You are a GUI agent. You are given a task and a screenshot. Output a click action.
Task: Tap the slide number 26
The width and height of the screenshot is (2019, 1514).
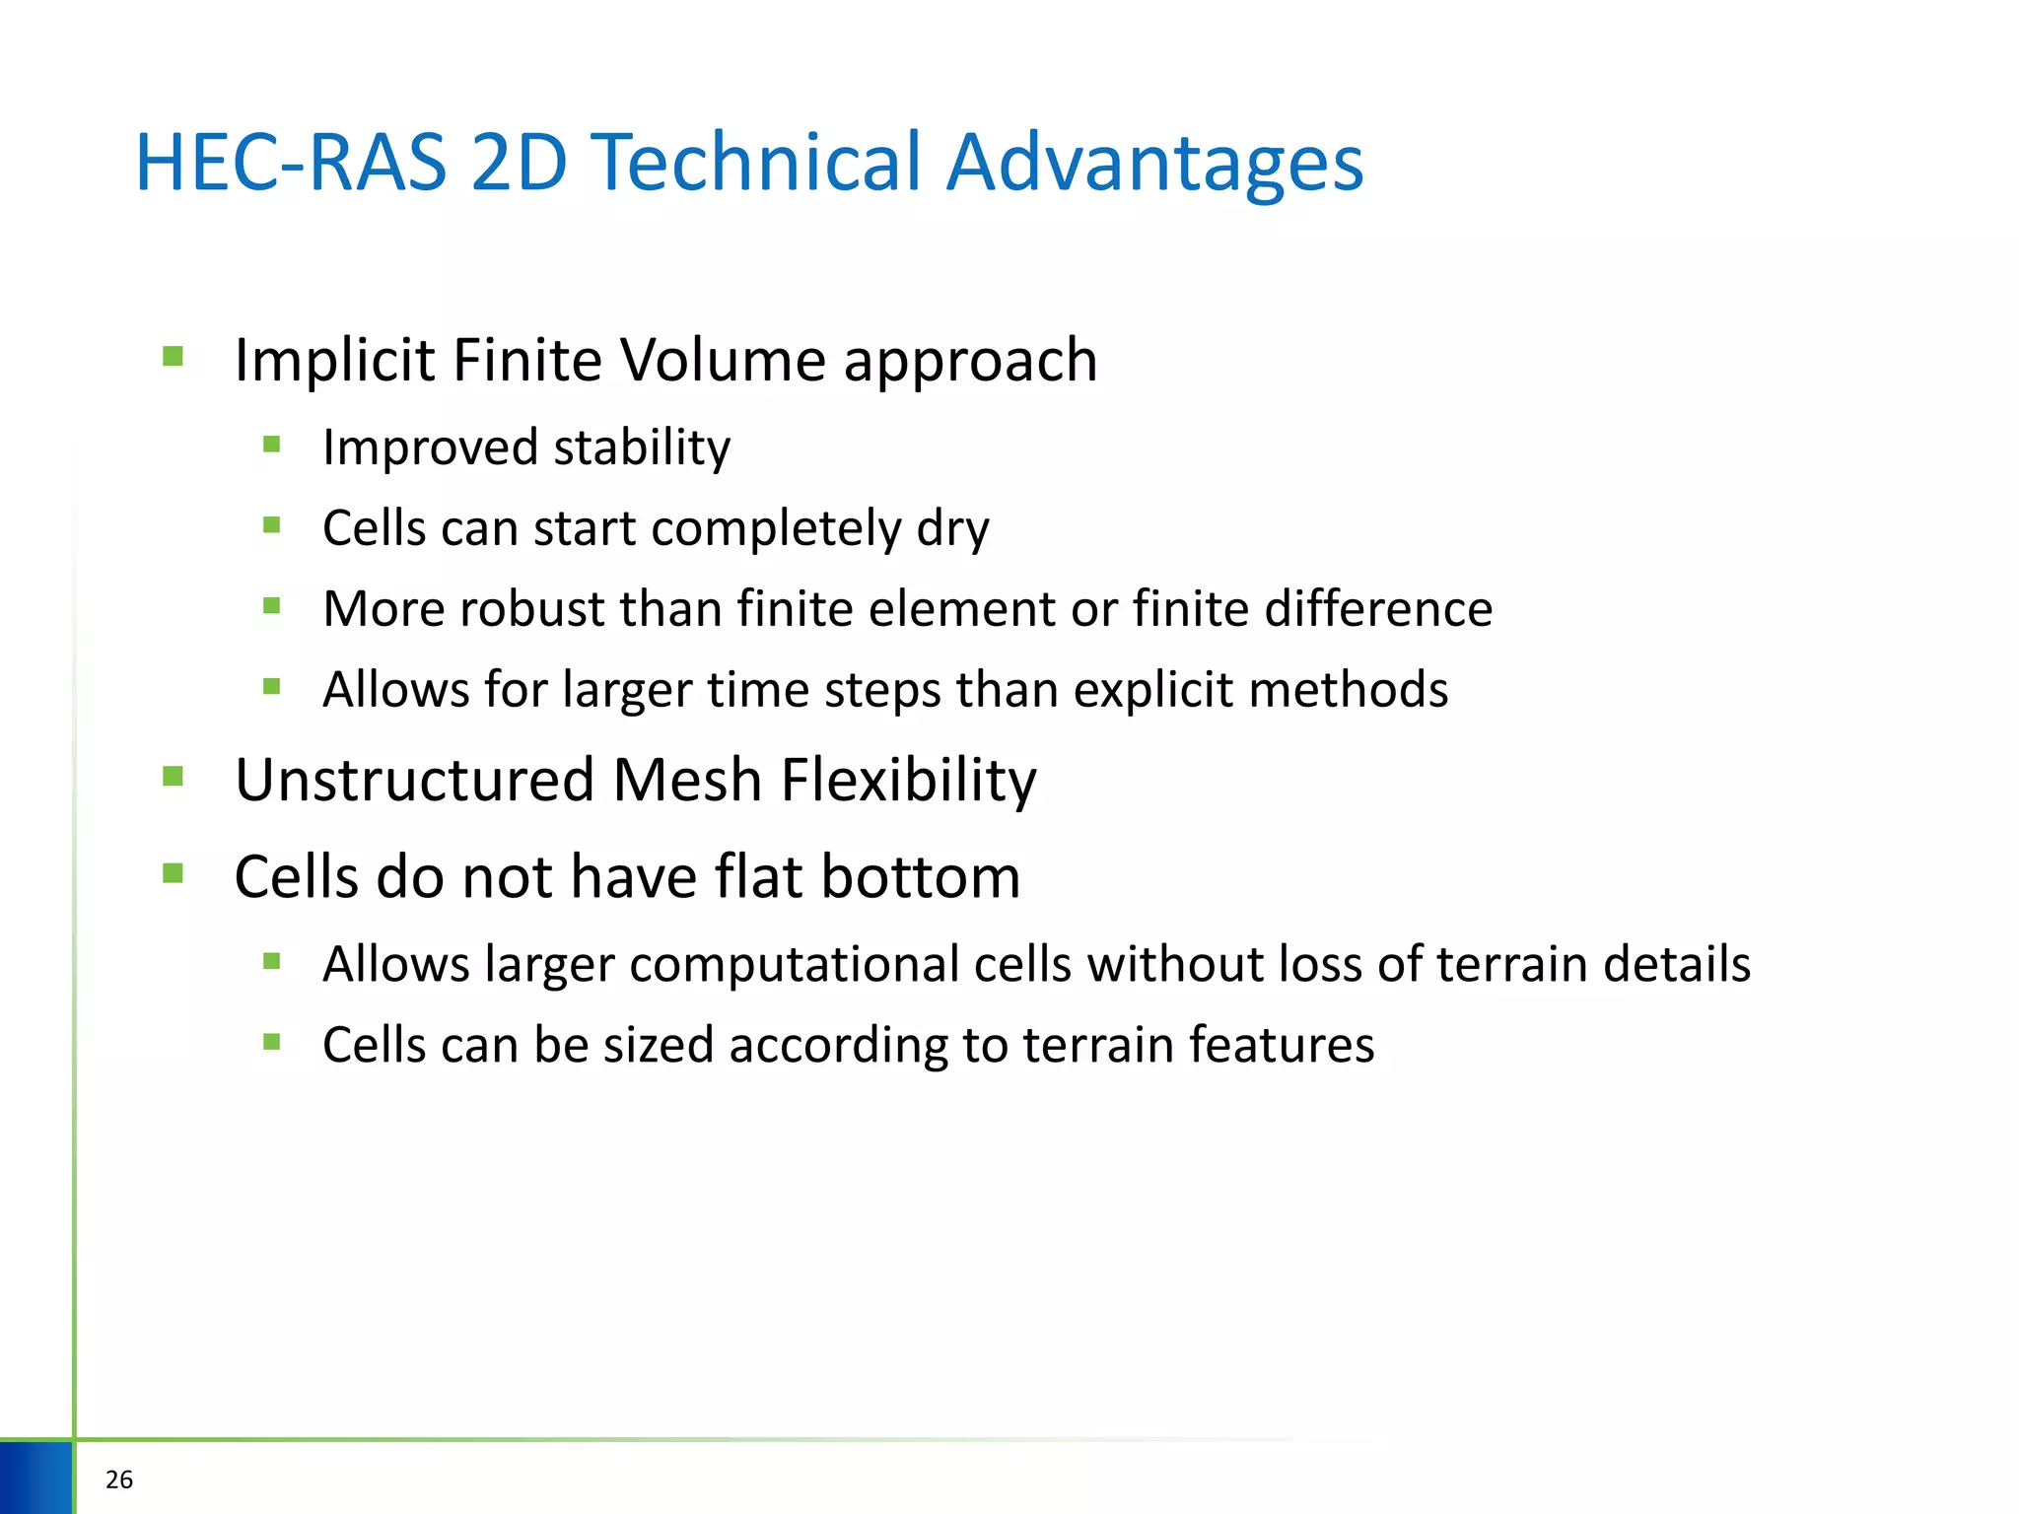119,1480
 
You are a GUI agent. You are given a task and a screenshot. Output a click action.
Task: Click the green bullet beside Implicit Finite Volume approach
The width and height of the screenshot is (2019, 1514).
174,356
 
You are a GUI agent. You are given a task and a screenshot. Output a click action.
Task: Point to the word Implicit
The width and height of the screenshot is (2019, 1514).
335,360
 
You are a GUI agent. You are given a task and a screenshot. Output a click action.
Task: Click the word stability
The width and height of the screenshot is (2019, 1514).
642,448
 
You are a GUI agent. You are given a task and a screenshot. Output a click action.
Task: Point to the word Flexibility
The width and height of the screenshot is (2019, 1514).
908,781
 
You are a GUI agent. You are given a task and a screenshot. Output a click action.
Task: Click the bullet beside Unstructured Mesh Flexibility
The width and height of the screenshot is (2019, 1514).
174,777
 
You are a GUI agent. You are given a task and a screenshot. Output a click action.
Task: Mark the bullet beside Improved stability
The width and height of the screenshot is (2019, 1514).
272,445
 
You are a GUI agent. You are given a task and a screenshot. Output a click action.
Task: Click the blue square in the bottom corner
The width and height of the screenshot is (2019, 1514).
36,1478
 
